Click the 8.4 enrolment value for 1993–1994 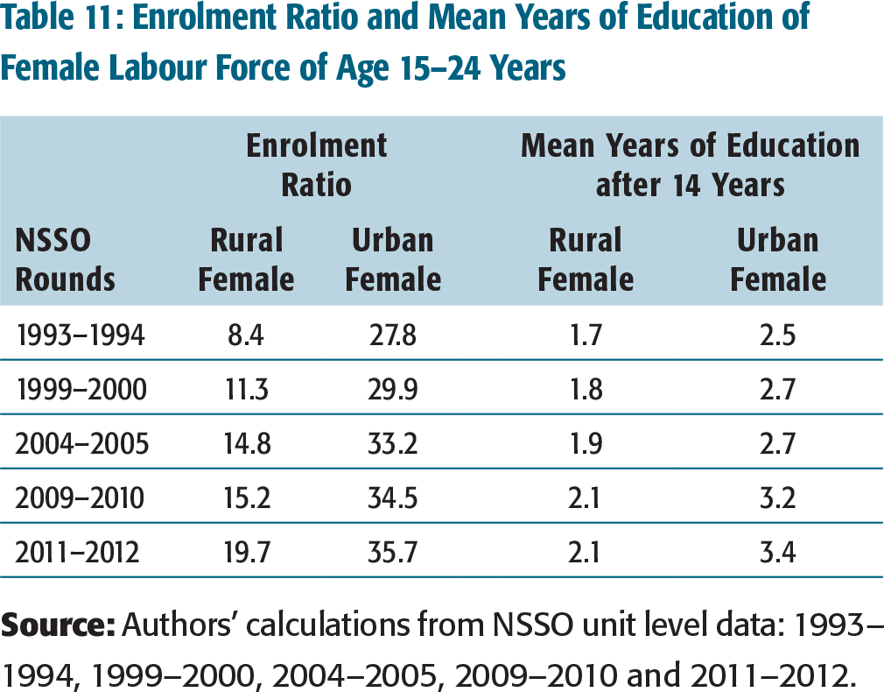click(246, 335)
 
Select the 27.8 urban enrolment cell click(393, 335)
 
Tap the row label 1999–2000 click(81, 390)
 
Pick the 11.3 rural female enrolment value click(246, 390)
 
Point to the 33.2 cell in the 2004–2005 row click(393, 443)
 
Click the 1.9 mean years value click(586, 443)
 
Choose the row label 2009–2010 click(80, 498)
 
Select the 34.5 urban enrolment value click(393, 498)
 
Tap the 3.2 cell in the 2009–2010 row click(777, 498)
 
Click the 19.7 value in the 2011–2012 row click(247, 552)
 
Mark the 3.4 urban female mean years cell click(777, 552)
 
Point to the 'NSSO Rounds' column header click(65, 259)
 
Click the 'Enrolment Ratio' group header click(317, 165)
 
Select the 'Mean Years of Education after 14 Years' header click(690, 165)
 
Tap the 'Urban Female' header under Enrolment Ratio click(393, 259)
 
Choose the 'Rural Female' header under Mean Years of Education click(586, 259)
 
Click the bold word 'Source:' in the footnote click(58, 625)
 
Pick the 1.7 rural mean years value click(586, 335)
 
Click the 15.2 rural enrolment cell click(247, 498)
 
